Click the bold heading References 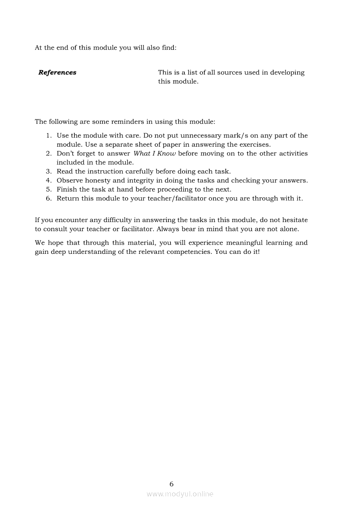click(57, 73)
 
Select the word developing click(287, 73)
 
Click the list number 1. click(49, 136)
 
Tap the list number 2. click(49, 154)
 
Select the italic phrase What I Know click(155, 154)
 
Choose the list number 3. click(49, 172)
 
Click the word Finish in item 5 click(67, 189)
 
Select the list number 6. click(49, 199)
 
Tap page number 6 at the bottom click(171, 484)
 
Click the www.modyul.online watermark click(180, 494)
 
